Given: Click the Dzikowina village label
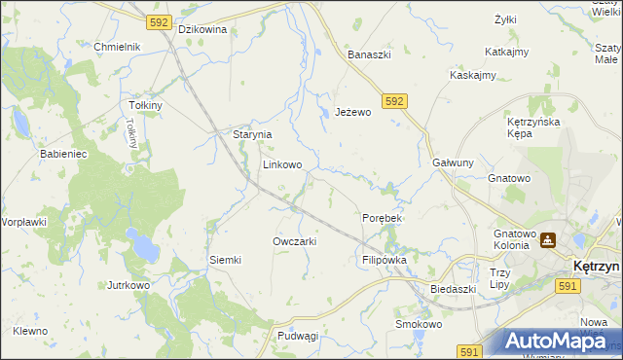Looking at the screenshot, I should click(x=202, y=29).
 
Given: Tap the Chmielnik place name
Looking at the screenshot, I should click(x=118, y=47).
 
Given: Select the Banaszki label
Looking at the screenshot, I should click(x=370, y=54).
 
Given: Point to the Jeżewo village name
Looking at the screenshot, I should click(x=353, y=112).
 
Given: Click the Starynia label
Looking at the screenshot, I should click(x=251, y=135).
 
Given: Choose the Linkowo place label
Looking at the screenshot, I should click(x=282, y=164).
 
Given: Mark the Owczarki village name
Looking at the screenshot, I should click(x=295, y=241).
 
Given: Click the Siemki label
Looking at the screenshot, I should click(x=225, y=260).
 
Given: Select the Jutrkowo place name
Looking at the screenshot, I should click(x=128, y=286).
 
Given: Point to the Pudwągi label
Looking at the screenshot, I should click(x=298, y=336).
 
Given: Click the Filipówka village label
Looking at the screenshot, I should click(x=384, y=261).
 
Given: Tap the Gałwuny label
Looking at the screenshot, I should click(x=453, y=163).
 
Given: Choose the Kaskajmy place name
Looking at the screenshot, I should click(x=473, y=75).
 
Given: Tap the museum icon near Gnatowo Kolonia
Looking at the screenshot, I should click(x=548, y=239).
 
